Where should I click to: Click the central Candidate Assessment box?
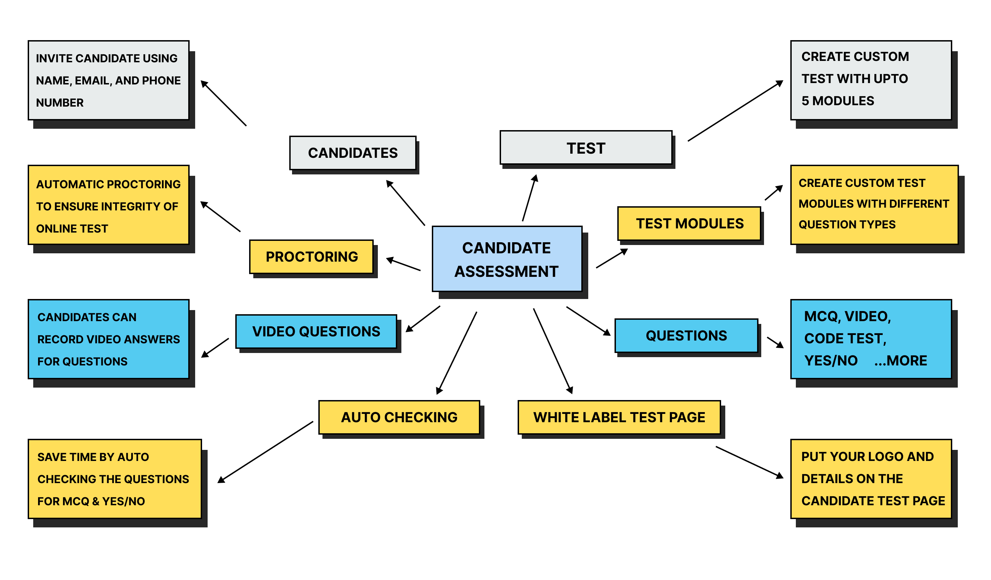click(507, 259)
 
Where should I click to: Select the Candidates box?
click(353, 153)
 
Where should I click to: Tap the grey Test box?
click(585, 148)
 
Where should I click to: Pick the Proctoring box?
click(311, 257)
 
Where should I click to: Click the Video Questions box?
click(316, 332)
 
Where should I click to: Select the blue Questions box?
click(686, 335)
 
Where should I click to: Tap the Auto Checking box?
click(399, 417)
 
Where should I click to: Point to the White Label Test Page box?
click(619, 417)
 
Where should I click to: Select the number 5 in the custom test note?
click(805, 101)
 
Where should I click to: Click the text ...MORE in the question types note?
click(901, 361)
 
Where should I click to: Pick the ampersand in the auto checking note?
click(96, 501)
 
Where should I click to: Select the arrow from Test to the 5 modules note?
click(735, 111)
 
